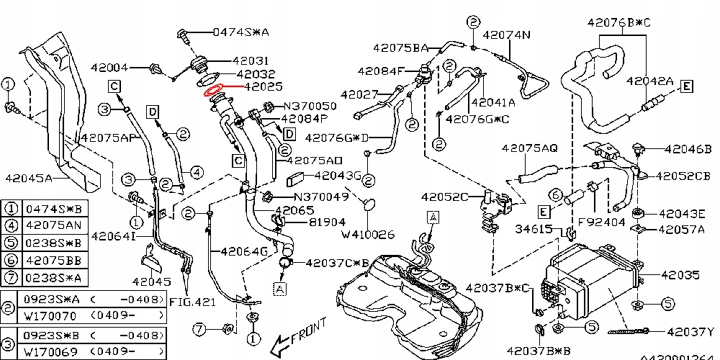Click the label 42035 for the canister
(680, 275)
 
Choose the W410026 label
(368, 234)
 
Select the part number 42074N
(506, 34)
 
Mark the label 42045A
(29, 178)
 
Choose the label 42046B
(688, 149)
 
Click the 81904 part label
(308, 222)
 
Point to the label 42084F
(382, 71)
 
